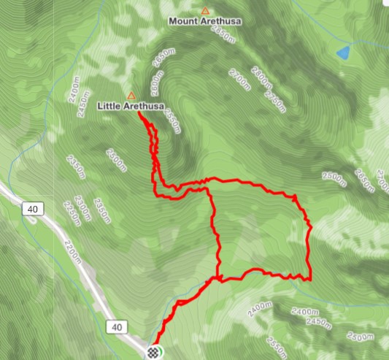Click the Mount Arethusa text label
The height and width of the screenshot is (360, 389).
click(205, 21)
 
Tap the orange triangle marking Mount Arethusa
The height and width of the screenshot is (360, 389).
click(205, 11)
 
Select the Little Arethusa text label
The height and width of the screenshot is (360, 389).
click(130, 107)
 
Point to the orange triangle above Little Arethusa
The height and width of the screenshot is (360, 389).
click(131, 96)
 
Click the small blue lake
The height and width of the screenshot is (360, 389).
click(342, 53)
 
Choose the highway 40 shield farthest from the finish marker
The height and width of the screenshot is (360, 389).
click(31, 210)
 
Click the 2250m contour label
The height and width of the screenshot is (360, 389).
click(71, 212)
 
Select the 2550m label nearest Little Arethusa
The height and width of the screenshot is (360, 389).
click(171, 120)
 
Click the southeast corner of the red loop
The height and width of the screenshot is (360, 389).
click(310, 278)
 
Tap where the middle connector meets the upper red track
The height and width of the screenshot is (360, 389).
click(210, 187)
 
